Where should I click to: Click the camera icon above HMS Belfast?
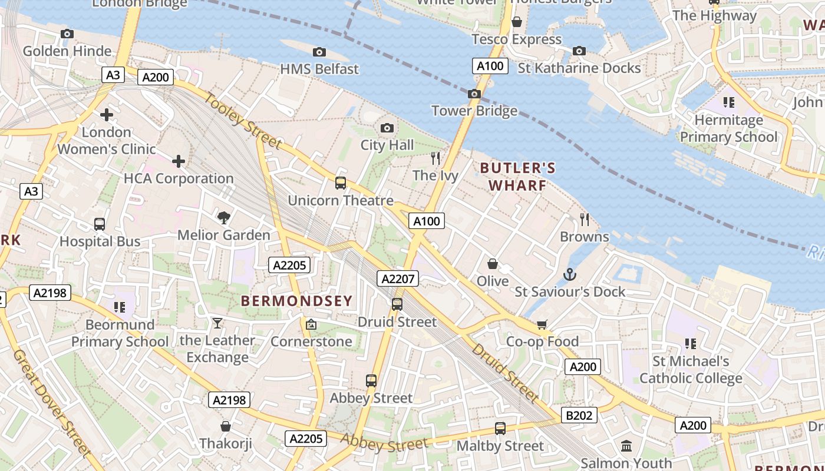(x=319, y=52)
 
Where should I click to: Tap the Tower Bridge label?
(x=474, y=111)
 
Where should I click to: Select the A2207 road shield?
(x=398, y=278)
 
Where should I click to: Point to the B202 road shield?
(x=579, y=415)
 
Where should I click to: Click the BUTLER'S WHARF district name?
(x=517, y=177)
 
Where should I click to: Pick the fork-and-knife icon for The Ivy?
(x=435, y=158)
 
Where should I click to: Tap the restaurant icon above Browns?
(x=585, y=220)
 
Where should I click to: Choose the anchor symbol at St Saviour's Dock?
(x=570, y=274)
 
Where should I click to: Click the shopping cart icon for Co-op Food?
(x=542, y=324)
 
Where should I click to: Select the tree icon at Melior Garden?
(x=224, y=218)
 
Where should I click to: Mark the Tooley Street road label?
(x=243, y=120)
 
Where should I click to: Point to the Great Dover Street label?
(x=52, y=403)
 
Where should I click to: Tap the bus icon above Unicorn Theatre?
(x=341, y=183)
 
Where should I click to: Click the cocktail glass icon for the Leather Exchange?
(x=217, y=323)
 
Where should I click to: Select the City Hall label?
(x=387, y=145)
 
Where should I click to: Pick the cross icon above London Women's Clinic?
(x=107, y=114)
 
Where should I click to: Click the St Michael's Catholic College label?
(x=691, y=369)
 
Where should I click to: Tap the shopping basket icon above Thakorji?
(x=225, y=426)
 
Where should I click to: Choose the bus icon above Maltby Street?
(x=500, y=429)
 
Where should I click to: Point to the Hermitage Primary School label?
(x=729, y=128)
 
